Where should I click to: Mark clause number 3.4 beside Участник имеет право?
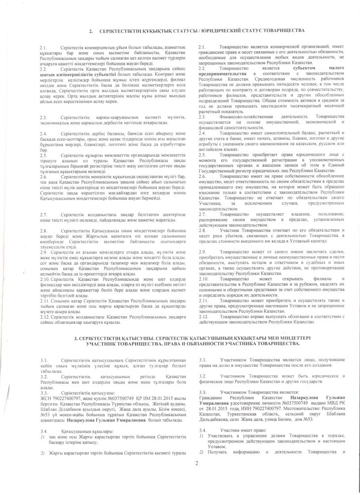coord(202,430)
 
